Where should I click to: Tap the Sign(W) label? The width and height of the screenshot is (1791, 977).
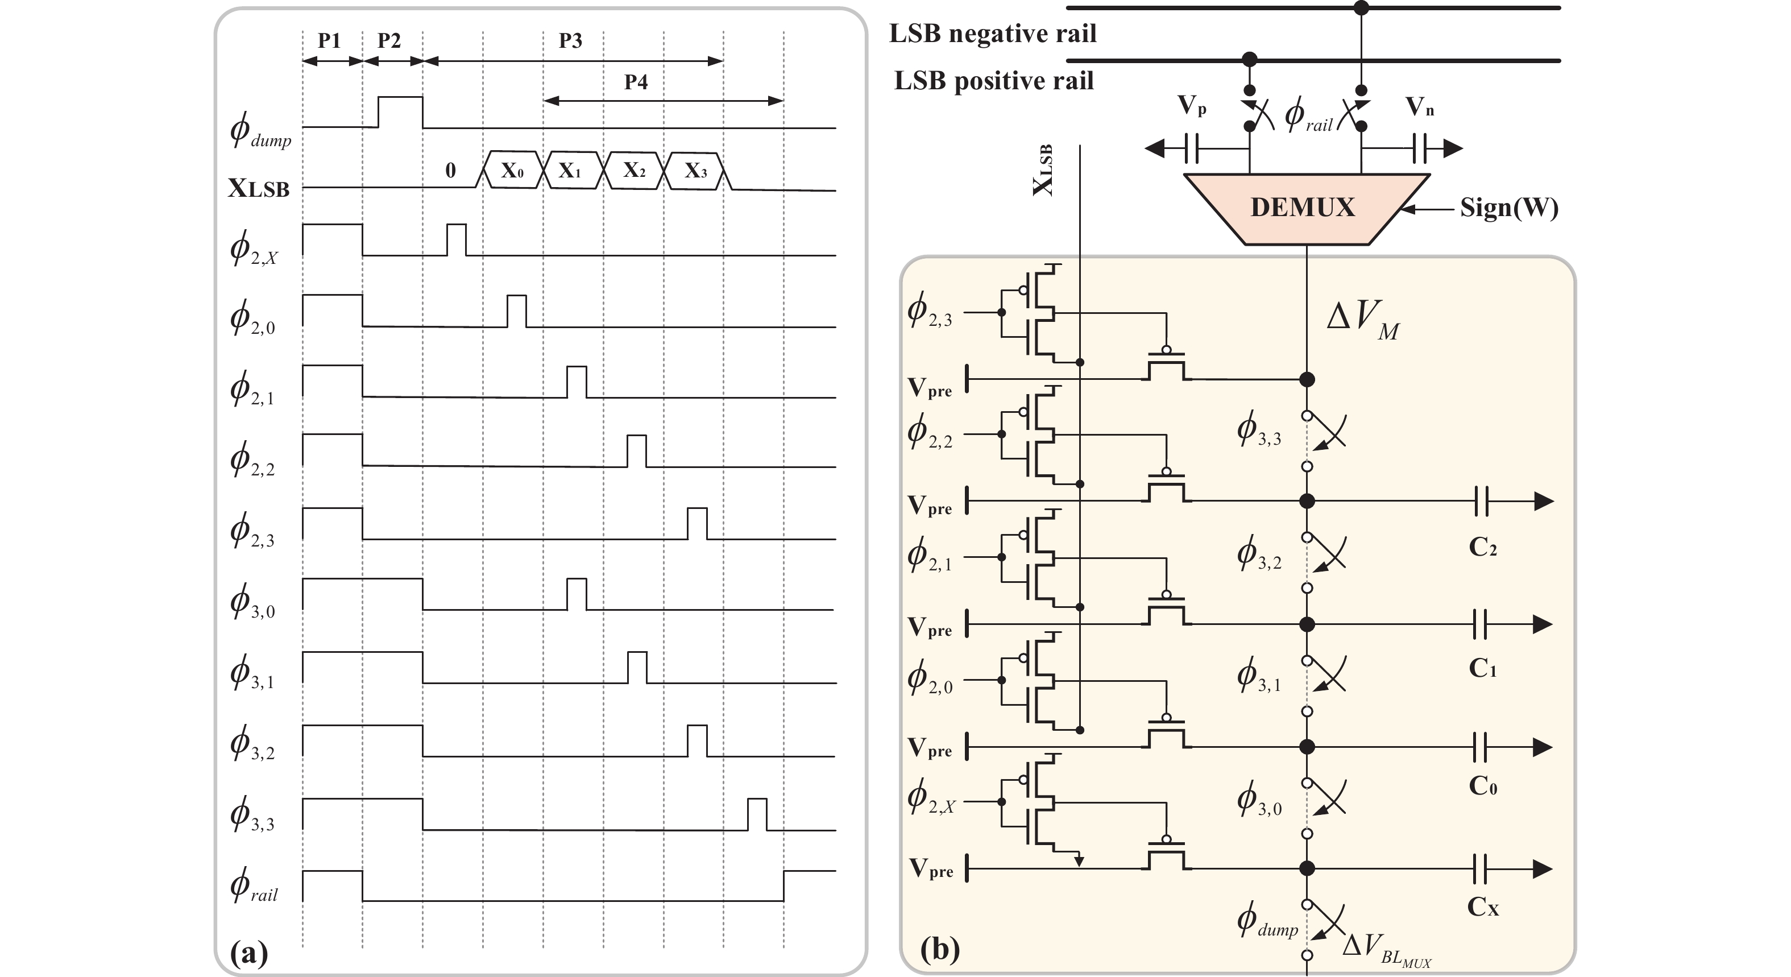[1509, 207]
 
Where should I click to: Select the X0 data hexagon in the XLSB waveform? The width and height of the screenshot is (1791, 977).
[512, 169]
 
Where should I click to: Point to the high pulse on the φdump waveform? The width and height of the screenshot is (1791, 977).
[400, 111]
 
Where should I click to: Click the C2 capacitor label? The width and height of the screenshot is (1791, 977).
[1482, 547]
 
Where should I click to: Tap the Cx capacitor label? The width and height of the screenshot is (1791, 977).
[1482, 906]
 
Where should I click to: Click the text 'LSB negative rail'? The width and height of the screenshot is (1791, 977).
[992, 34]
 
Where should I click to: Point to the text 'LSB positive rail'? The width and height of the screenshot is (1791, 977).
[993, 81]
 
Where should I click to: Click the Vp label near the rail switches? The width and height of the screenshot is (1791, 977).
[1192, 106]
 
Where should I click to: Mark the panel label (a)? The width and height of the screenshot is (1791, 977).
[249, 952]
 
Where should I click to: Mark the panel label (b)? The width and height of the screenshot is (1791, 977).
[939, 949]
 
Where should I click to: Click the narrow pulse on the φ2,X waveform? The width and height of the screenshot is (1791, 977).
[456, 239]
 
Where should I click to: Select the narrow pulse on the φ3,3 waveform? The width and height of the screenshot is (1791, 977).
[757, 814]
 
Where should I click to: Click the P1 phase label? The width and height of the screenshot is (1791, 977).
[329, 40]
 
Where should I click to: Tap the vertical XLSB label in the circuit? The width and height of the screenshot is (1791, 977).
[1042, 171]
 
